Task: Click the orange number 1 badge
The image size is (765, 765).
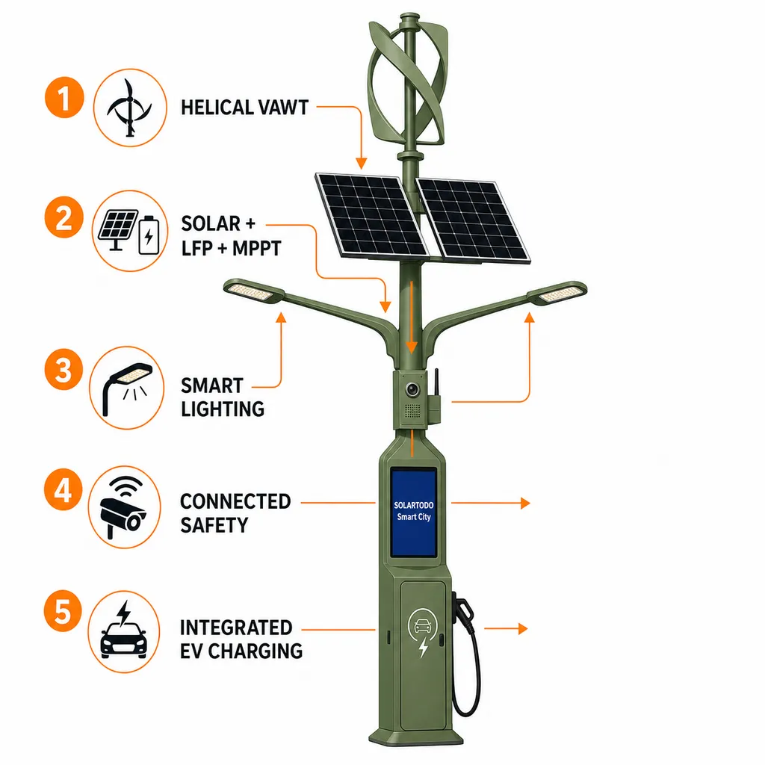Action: tap(64, 97)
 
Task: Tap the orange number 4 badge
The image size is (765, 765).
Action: tap(63, 489)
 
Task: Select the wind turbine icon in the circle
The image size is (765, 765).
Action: tap(129, 108)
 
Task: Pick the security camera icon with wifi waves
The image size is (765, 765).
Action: tap(124, 507)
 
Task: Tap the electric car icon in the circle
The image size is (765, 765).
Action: tap(124, 631)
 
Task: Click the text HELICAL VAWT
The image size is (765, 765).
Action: tap(244, 108)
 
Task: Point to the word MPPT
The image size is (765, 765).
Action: tap(257, 248)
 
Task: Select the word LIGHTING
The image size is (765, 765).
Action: tap(223, 409)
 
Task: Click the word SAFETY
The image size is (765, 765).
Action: tap(214, 525)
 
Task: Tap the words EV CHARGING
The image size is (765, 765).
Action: tap(241, 651)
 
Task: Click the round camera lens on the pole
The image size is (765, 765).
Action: tap(412, 389)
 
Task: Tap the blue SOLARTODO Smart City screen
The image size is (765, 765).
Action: tap(413, 512)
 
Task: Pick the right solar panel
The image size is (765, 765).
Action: tap(472, 221)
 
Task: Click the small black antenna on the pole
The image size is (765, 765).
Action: tap(436, 382)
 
